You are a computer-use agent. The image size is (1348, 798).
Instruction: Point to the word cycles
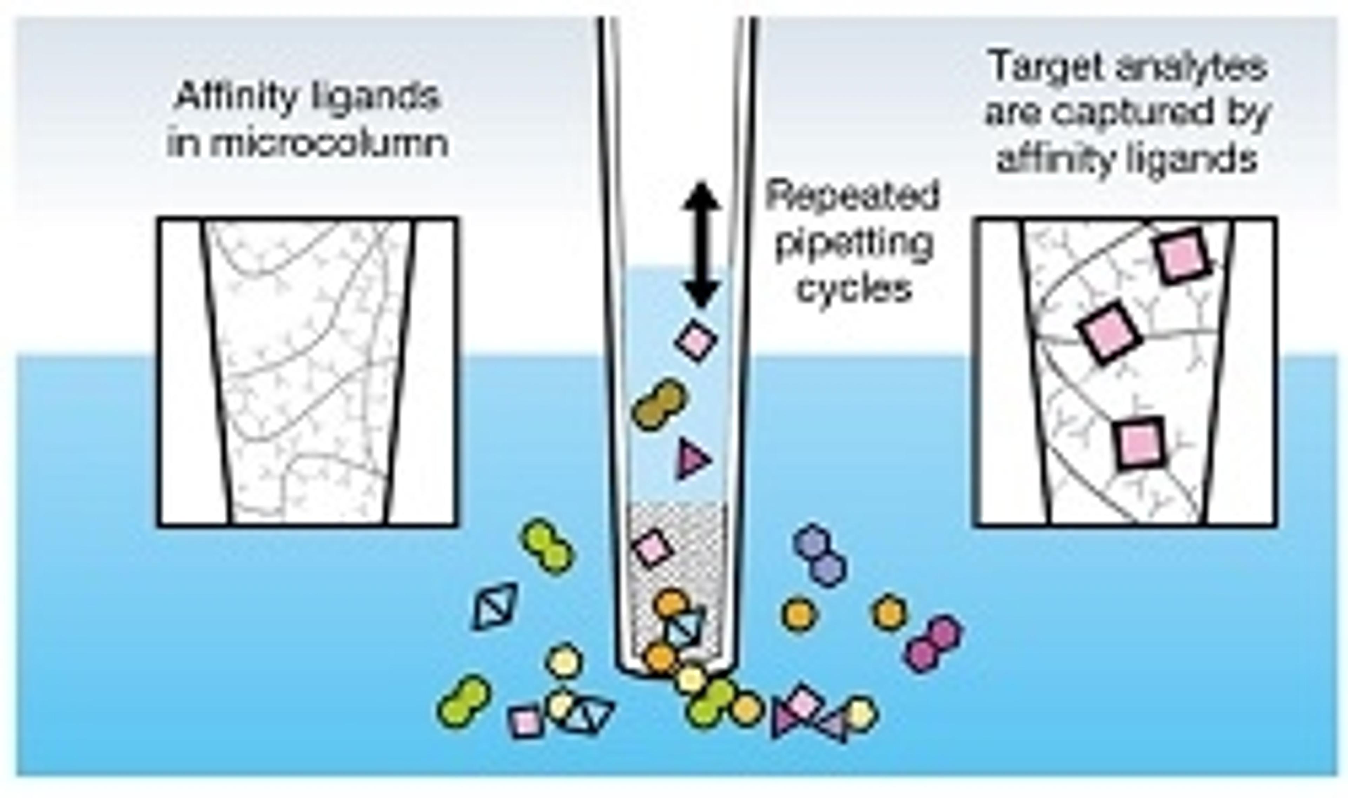tap(854, 289)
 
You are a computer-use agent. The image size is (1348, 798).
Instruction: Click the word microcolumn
tap(307, 144)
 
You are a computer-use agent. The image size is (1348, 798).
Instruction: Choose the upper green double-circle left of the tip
tap(547, 546)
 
